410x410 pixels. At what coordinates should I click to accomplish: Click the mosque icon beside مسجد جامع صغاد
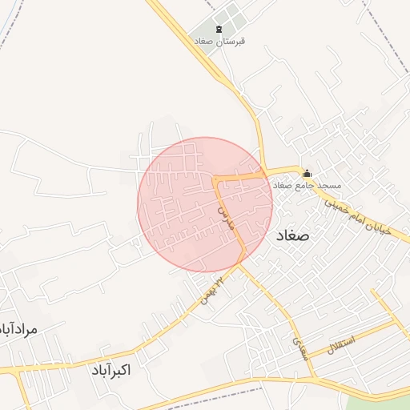pos(307,173)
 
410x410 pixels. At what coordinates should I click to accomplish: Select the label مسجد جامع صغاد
pos(307,185)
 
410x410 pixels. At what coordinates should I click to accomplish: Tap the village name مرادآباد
pos(18,329)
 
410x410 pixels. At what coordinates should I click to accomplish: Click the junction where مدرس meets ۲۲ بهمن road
pos(242,262)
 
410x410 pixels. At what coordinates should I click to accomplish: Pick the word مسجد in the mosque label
pos(329,185)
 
